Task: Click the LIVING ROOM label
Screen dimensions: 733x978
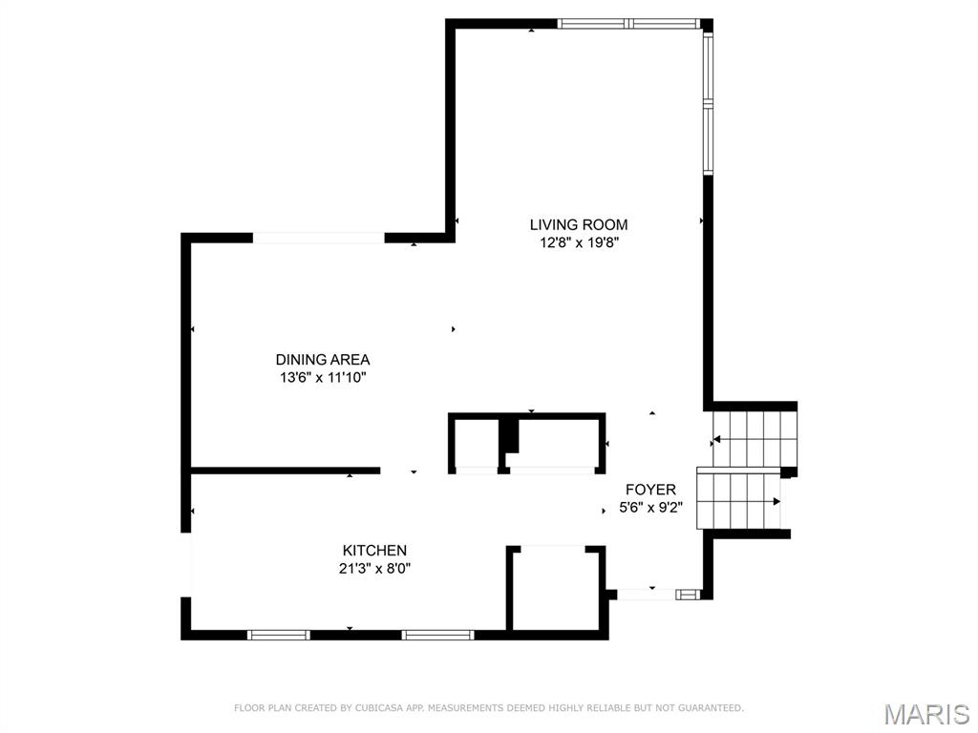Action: (579, 225)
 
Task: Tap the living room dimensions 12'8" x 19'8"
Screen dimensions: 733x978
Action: (579, 242)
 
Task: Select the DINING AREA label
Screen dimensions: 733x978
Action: (322, 360)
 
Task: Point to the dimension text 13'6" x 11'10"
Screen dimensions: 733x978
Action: (322, 377)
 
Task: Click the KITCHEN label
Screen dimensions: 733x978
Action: (374, 551)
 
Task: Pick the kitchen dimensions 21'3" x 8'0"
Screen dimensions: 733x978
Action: (374, 568)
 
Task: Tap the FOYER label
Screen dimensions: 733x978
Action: (650, 490)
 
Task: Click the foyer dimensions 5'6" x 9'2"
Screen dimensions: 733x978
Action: (650, 507)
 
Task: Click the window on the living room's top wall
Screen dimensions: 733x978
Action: (628, 24)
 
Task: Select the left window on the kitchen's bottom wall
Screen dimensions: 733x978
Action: (279, 634)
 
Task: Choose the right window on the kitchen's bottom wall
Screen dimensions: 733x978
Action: (437, 634)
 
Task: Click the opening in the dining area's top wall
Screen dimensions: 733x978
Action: (318, 238)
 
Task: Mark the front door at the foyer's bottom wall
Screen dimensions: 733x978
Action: (647, 595)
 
